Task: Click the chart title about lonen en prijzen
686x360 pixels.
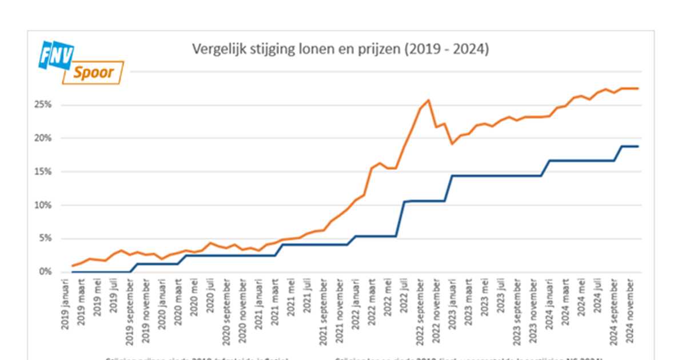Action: [x=340, y=50]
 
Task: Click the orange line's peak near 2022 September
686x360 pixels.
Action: [x=429, y=101]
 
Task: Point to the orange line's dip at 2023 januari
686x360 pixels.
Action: [x=453, y=143]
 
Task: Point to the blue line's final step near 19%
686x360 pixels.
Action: [x=629, y=146]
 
